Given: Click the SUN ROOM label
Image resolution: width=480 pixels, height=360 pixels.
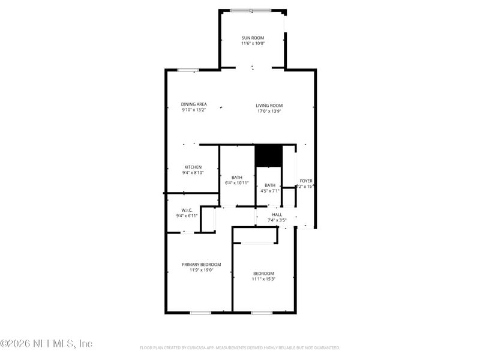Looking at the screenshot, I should click(253, 38).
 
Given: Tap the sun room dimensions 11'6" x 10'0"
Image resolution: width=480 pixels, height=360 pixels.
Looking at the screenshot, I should click(253, 43).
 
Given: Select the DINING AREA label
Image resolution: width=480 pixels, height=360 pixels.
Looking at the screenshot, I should click(194, 104).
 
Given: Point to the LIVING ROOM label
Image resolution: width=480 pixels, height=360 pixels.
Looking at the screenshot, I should click(269, 106).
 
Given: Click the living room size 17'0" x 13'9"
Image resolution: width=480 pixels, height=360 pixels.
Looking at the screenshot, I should click(269, 111).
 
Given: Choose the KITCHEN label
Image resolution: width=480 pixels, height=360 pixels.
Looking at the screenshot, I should click(193, 167).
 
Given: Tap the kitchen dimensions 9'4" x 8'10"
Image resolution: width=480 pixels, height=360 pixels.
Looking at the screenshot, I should click(193, 173).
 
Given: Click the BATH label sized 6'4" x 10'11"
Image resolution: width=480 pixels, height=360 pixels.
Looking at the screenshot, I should click(237, 177).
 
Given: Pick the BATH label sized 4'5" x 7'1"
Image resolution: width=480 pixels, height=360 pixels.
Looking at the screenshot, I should click(270, 185).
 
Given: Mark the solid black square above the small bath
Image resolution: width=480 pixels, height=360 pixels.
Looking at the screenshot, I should click(268, 155).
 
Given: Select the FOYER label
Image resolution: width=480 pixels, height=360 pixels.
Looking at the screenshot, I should click(306, 181).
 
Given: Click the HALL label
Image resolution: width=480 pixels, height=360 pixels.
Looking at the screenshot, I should click(277, 214).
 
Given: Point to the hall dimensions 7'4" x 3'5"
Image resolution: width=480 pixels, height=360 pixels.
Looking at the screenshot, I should click(277, 220).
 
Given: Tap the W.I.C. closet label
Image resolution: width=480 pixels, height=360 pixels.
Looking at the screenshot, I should click(187, 210).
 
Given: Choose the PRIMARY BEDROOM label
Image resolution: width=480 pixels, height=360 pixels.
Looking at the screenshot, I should click(202, 265).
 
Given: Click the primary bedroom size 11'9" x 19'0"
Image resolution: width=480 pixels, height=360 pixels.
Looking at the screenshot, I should click(202, 270).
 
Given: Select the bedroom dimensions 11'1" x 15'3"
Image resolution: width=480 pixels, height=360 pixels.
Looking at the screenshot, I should click(263, 279).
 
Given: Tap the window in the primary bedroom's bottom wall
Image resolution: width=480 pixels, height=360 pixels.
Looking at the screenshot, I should click(200, 313).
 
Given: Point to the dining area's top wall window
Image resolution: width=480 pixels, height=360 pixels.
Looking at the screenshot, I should click(188, 70).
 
